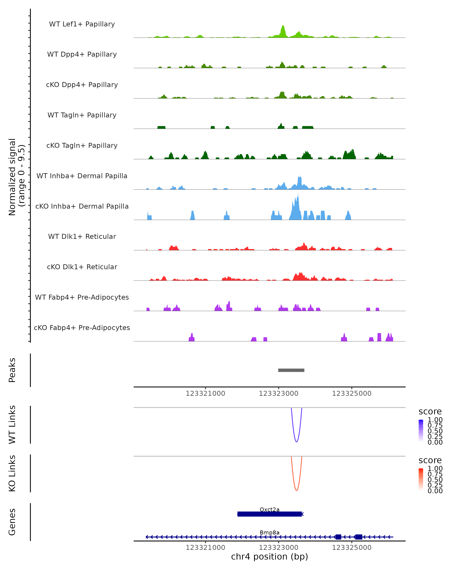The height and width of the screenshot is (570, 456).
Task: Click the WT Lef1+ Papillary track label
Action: tap(82, 24)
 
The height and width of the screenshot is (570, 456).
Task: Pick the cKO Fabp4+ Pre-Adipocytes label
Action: tap(82, 328)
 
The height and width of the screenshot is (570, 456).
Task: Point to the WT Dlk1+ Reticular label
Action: tap(82, 236)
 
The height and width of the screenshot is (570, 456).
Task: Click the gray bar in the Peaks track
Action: tap(291, 370)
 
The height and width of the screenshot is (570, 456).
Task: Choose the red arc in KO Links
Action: tap(296, 490)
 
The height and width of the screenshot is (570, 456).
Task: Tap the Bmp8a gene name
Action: tap(269, 532)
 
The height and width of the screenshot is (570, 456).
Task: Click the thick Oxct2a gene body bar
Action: tap(269, 514)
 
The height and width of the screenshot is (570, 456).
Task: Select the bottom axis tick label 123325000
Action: tap(351, 548)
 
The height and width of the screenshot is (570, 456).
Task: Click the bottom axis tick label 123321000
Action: tap(205, 548)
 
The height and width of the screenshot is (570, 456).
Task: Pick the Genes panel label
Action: tap(12, 522)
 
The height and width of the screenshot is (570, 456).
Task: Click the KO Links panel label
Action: tap(12, 473)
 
